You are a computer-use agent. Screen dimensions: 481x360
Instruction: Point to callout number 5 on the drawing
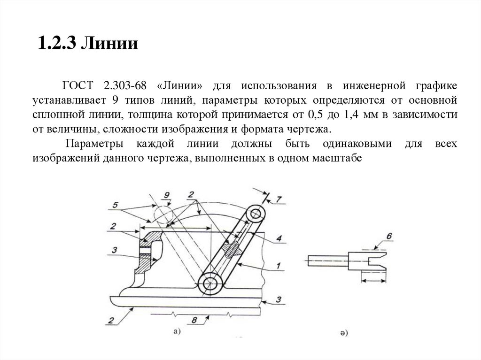(116, 205)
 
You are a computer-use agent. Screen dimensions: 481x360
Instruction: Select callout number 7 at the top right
(279, 199)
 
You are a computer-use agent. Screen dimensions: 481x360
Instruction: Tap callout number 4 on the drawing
(279, 239)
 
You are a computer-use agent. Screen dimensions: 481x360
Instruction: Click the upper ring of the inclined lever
(256, 214)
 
